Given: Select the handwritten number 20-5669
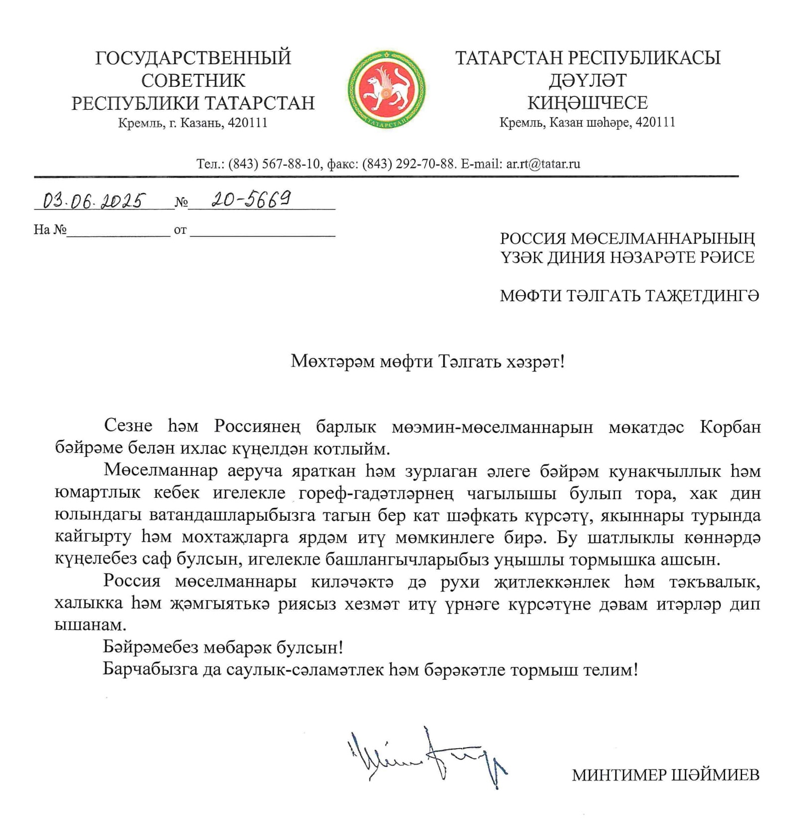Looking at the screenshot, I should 251,200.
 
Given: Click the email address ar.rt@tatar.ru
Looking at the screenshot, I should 543,164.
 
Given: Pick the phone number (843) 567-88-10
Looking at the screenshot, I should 274,164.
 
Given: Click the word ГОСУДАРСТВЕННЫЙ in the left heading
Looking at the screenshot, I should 193,58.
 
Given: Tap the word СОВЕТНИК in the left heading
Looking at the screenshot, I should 193,80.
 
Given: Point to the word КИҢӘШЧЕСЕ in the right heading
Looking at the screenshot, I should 587,103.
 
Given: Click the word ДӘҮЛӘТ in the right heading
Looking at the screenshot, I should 587,80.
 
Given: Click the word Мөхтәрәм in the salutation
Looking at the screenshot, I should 332,361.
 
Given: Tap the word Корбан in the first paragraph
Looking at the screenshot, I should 730,427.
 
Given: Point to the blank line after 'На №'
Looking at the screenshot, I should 119,231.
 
